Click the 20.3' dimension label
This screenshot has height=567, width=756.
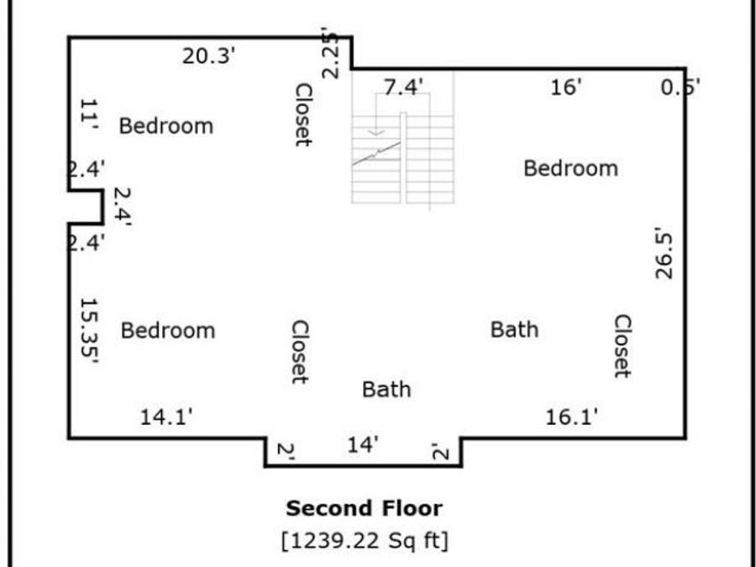pos(208,56)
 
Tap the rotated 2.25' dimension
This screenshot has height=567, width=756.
pos(331,53)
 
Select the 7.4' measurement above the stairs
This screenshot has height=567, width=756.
pos(403,87)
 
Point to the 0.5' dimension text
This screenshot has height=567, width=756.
pos(680,87)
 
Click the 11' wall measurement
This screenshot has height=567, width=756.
pos(89,114)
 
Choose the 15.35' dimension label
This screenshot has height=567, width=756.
pos(89,331)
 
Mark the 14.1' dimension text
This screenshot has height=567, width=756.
pos(165,417)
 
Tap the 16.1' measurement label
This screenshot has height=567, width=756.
pos(571,417)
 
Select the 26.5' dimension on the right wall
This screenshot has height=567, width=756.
pos(664,254)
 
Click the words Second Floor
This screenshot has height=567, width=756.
pos(364,508)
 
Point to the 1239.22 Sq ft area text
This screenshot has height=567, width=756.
pos(365,540)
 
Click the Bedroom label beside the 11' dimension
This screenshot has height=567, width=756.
pos(166,126)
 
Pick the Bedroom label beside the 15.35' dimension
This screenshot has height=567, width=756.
pos(168,331)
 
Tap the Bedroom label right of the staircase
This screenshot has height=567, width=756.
pos(571,169)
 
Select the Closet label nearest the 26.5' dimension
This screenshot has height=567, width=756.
pos(622,346)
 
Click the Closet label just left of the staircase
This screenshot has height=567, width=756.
pos(304,114)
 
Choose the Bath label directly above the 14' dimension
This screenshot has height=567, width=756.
pos(386,390)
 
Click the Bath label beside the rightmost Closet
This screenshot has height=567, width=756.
pos(514,330)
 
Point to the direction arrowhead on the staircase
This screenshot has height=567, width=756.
pos(376,133)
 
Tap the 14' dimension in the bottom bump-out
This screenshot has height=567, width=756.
pos(363,445)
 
